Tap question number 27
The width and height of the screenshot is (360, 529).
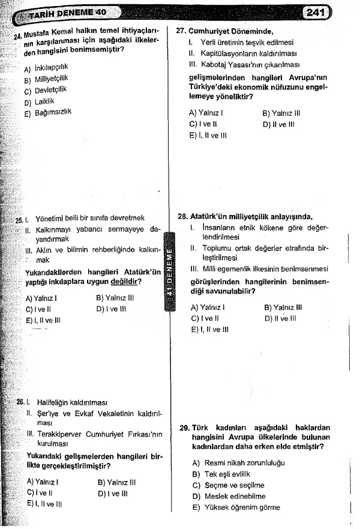pos(181,31)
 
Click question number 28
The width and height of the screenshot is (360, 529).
pos(182,217)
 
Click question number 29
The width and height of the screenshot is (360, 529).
pos(185,428)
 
